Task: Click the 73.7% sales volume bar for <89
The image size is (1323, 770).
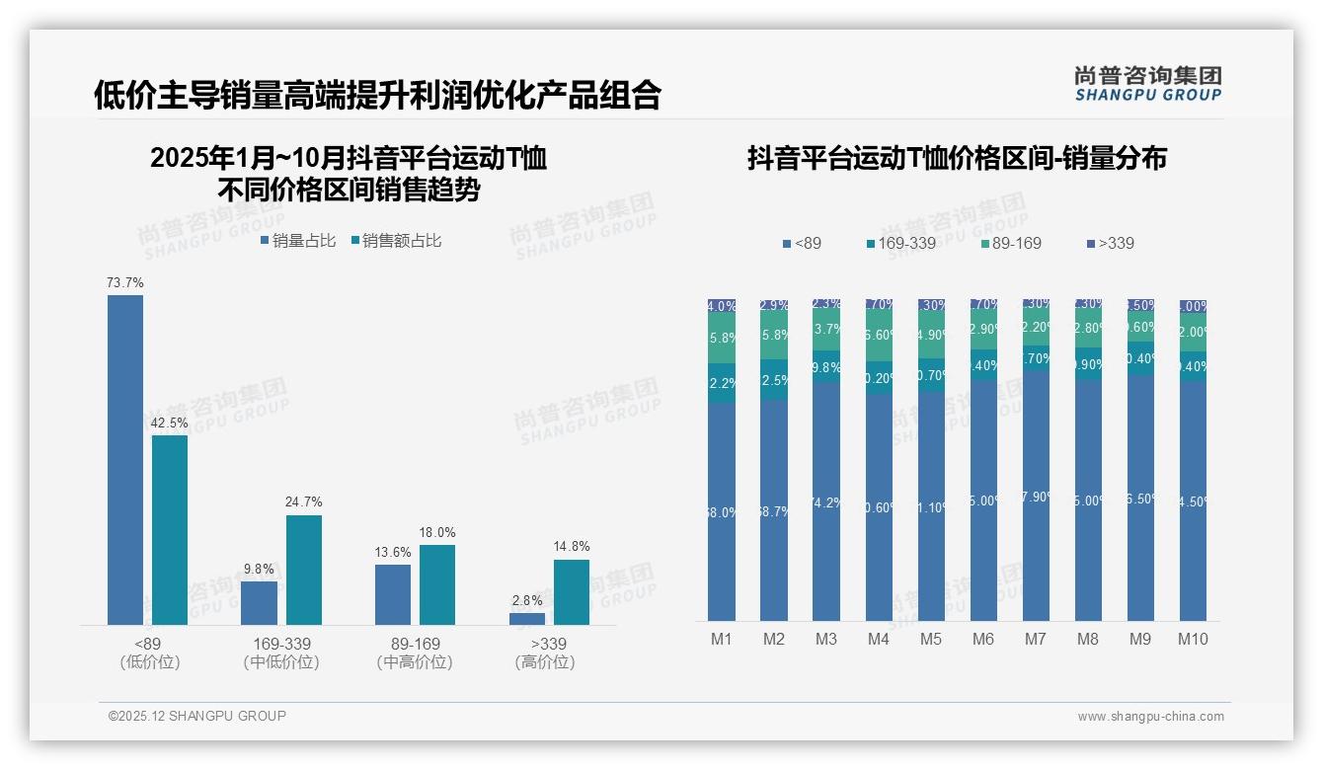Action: tap(125, 459)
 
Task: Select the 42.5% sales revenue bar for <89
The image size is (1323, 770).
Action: tap(170, 529)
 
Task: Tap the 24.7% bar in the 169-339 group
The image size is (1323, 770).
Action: tap(304, 570)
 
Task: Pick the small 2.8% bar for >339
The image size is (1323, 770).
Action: tap(527, 619)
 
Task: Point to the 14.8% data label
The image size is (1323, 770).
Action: tap(572, 546)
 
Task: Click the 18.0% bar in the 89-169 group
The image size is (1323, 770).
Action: tap(437, 584)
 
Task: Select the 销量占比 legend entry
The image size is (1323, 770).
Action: tap(298, 240)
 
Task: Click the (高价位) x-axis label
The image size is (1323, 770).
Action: tap(544, 662)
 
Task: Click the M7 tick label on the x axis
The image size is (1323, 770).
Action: tap(1035, 639)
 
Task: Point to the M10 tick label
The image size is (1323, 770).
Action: tap(1192, 639)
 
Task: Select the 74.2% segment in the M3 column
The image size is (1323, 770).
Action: tap(826, 501)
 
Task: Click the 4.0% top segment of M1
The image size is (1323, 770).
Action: tap(722, 306)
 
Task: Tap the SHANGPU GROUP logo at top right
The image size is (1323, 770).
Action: tap(1147, 84)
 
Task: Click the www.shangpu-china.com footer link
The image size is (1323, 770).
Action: tap(1150, 717)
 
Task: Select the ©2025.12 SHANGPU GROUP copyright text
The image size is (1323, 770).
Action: tap(197, 716)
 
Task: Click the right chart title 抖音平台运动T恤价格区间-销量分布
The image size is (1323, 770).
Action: tap(957, 159)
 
